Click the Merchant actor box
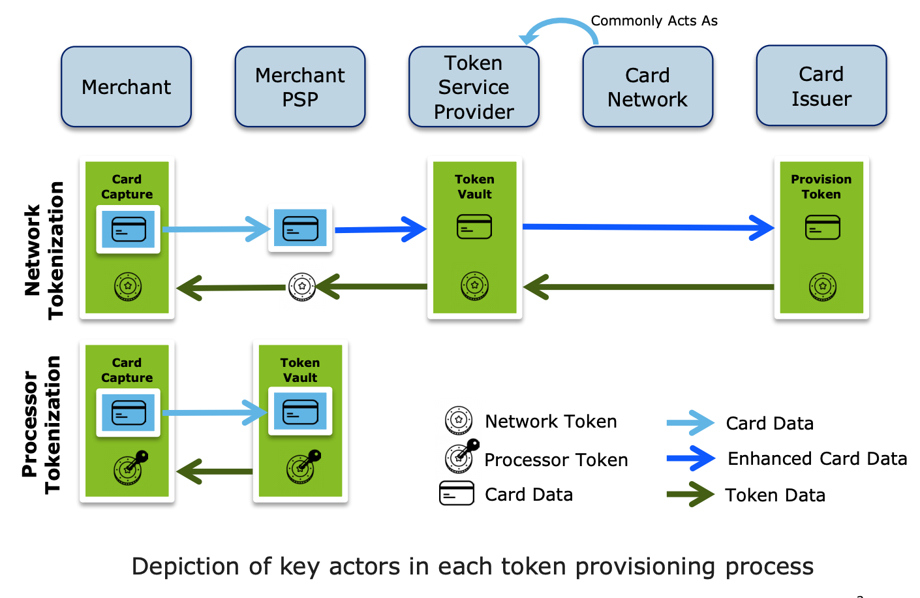pos(126,87)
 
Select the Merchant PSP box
pos(299,87)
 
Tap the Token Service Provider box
pos(474,87)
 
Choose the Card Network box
pos(647,87)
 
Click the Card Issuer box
pos(821,86)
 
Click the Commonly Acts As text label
pos(654,21)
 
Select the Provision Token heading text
pos(821,187)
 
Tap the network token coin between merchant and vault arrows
pos(302,287)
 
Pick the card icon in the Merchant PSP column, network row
pos(300,228)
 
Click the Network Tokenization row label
pos(44,250)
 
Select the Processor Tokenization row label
pos(41,424)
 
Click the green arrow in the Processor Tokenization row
pos(215,471)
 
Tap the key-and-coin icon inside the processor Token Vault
pos(303,465)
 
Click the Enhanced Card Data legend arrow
pos(690,458)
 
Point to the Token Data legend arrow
pos(690,495)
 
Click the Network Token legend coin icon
pos(459,420)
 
